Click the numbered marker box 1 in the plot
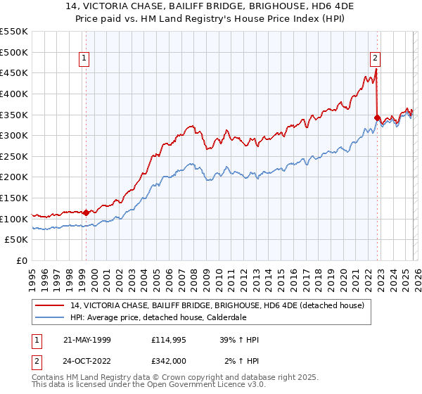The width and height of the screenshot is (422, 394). point(84,59)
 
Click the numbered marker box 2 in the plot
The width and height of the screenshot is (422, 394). point(376,59)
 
